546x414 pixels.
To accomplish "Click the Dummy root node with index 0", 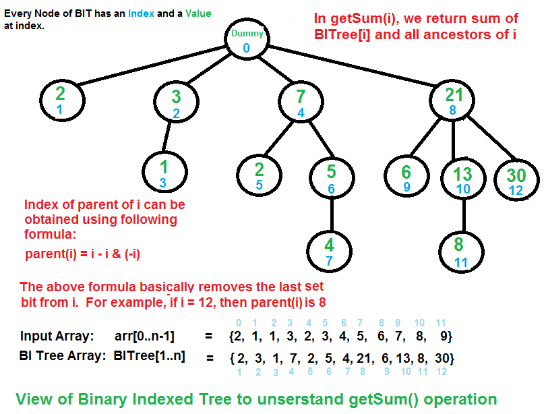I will click(x=247, y=40).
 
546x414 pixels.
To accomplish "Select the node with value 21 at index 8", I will click(x=453, y=100).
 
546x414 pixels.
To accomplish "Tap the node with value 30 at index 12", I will click(x=516, y=179).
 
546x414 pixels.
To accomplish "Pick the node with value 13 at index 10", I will click(x=462, y=179).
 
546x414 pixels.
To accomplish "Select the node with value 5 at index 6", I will click(x=330, y=179).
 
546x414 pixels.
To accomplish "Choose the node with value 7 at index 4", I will click(x=301, y=102).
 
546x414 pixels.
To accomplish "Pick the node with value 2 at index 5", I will click(x=260, y=174).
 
